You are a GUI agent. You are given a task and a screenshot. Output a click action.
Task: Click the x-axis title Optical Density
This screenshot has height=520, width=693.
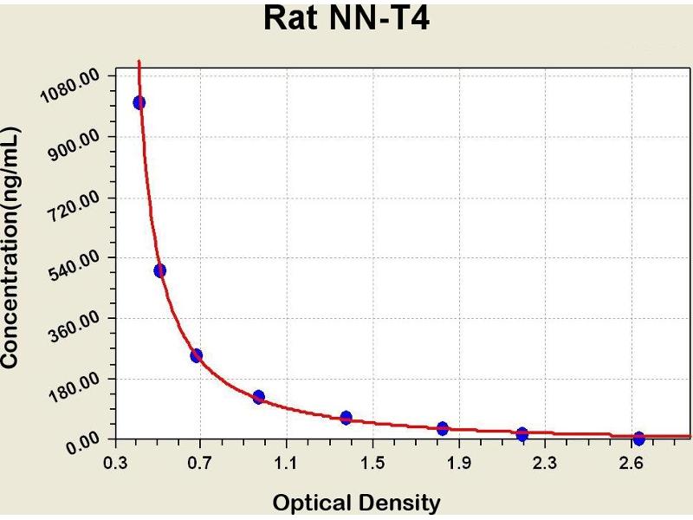click(x=356, y=502)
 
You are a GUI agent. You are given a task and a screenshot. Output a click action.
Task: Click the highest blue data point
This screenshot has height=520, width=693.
click(x=139, y=102)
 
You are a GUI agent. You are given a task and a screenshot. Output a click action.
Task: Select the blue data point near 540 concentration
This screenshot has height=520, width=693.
click(x=159, y=270)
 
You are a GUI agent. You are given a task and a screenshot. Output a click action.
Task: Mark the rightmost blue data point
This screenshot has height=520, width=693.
click(x=638, y=439)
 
